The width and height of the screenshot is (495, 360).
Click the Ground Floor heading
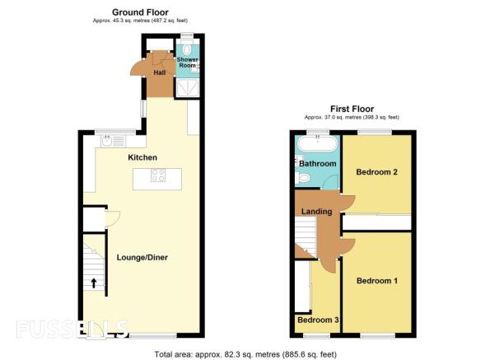pyautogui.click(x=140, y=12)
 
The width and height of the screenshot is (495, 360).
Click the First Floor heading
pyautogui.click(x=352, y=109)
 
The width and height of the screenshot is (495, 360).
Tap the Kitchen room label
pyautogui.click(x=142, y=157)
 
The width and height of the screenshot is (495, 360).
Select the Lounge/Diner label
pyautogui.click(x=142, y=257)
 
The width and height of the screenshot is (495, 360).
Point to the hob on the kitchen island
pyautogui.click(x=158, y=175)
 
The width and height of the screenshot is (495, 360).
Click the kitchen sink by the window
pyautogui.click(x=114, y=141)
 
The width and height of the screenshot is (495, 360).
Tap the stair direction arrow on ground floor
pyautogui.click(x=94, y=283)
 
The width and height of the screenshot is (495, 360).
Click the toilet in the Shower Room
pyautogui.click(x=187, y=49)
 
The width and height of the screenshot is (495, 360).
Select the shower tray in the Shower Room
pyautogui.click(x=187, y=87)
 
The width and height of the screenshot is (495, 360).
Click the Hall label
pyautogui.click(x=160, y=72)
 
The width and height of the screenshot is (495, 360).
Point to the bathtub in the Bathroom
pyautogui.click(x=318, y=143)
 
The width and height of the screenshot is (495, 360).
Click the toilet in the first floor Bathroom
pyautogui.click(x=302, y=179)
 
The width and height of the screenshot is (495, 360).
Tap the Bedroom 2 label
pyautogui.click(x=376, y=172)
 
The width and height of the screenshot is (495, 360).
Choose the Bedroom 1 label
pyautogui.click(x=377, y=281)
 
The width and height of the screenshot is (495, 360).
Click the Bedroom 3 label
pyautogui.click(x=318, y=320)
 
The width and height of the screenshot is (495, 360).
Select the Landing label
pyautogui.click(x=316, y=212)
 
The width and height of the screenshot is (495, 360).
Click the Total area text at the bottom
pyautogui.click(x=245, y=354)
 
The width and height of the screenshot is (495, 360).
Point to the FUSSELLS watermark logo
pyautogui.click(x=72, y=329)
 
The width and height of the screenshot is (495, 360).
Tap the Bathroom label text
pyautogui.click(x=318, y=164)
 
